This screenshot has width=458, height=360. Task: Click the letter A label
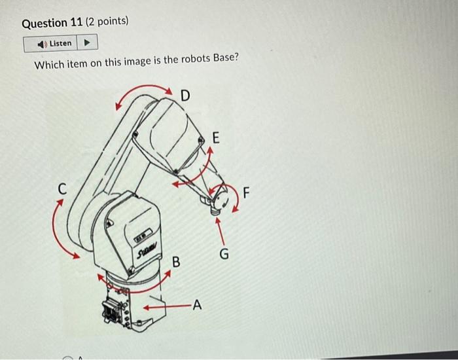pos(198,304)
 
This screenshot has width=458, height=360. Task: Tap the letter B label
pos(175,262)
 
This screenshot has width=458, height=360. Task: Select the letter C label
pos(62,189)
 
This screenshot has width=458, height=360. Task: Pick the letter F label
pos(246,193)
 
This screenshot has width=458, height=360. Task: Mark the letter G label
pos(224,253)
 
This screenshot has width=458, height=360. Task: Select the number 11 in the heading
pos(75,23)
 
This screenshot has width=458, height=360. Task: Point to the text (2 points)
pos(108,23)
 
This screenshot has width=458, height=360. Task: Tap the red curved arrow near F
pos(234,198)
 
